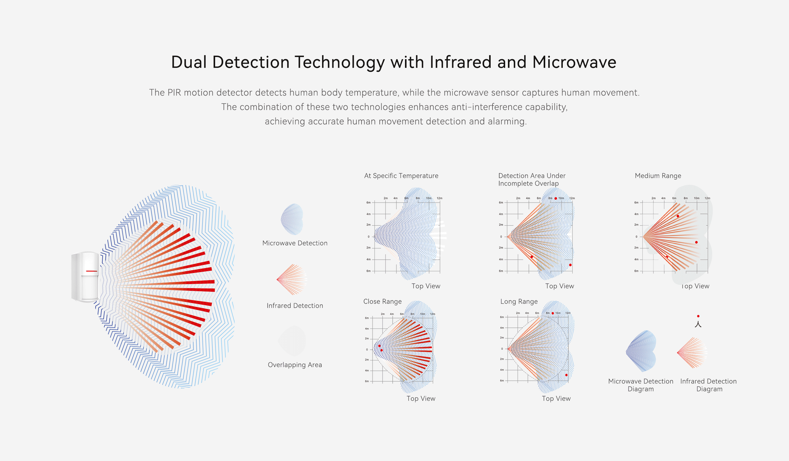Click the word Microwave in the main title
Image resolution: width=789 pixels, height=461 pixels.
point(574,62)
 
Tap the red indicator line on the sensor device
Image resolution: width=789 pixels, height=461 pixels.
point(92,271)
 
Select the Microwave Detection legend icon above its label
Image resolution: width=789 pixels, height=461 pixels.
point(292,219)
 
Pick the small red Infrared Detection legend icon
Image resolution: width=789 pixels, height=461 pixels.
point(291,279)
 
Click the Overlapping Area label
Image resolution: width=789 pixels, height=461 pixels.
point(295,365)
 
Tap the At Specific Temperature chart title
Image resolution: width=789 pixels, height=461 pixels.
point(401,176)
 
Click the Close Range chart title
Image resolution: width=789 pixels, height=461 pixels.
point(382,301)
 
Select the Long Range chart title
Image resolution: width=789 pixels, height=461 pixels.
point(519,301)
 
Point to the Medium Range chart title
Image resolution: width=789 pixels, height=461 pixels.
point(658,176)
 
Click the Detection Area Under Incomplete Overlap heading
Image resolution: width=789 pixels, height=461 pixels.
point(532,179)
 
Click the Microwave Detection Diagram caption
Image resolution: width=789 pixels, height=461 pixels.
point(640,385)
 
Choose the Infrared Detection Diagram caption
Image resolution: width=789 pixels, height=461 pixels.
point(708,385)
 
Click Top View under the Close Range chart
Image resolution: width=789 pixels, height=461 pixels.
point(421,398)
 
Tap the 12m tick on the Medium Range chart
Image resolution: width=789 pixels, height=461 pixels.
point(707,198)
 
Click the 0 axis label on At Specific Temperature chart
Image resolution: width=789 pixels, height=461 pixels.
point(369,237)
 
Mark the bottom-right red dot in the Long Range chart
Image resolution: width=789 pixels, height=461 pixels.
point(566,375)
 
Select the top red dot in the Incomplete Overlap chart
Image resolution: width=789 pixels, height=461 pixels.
point(556,198)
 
